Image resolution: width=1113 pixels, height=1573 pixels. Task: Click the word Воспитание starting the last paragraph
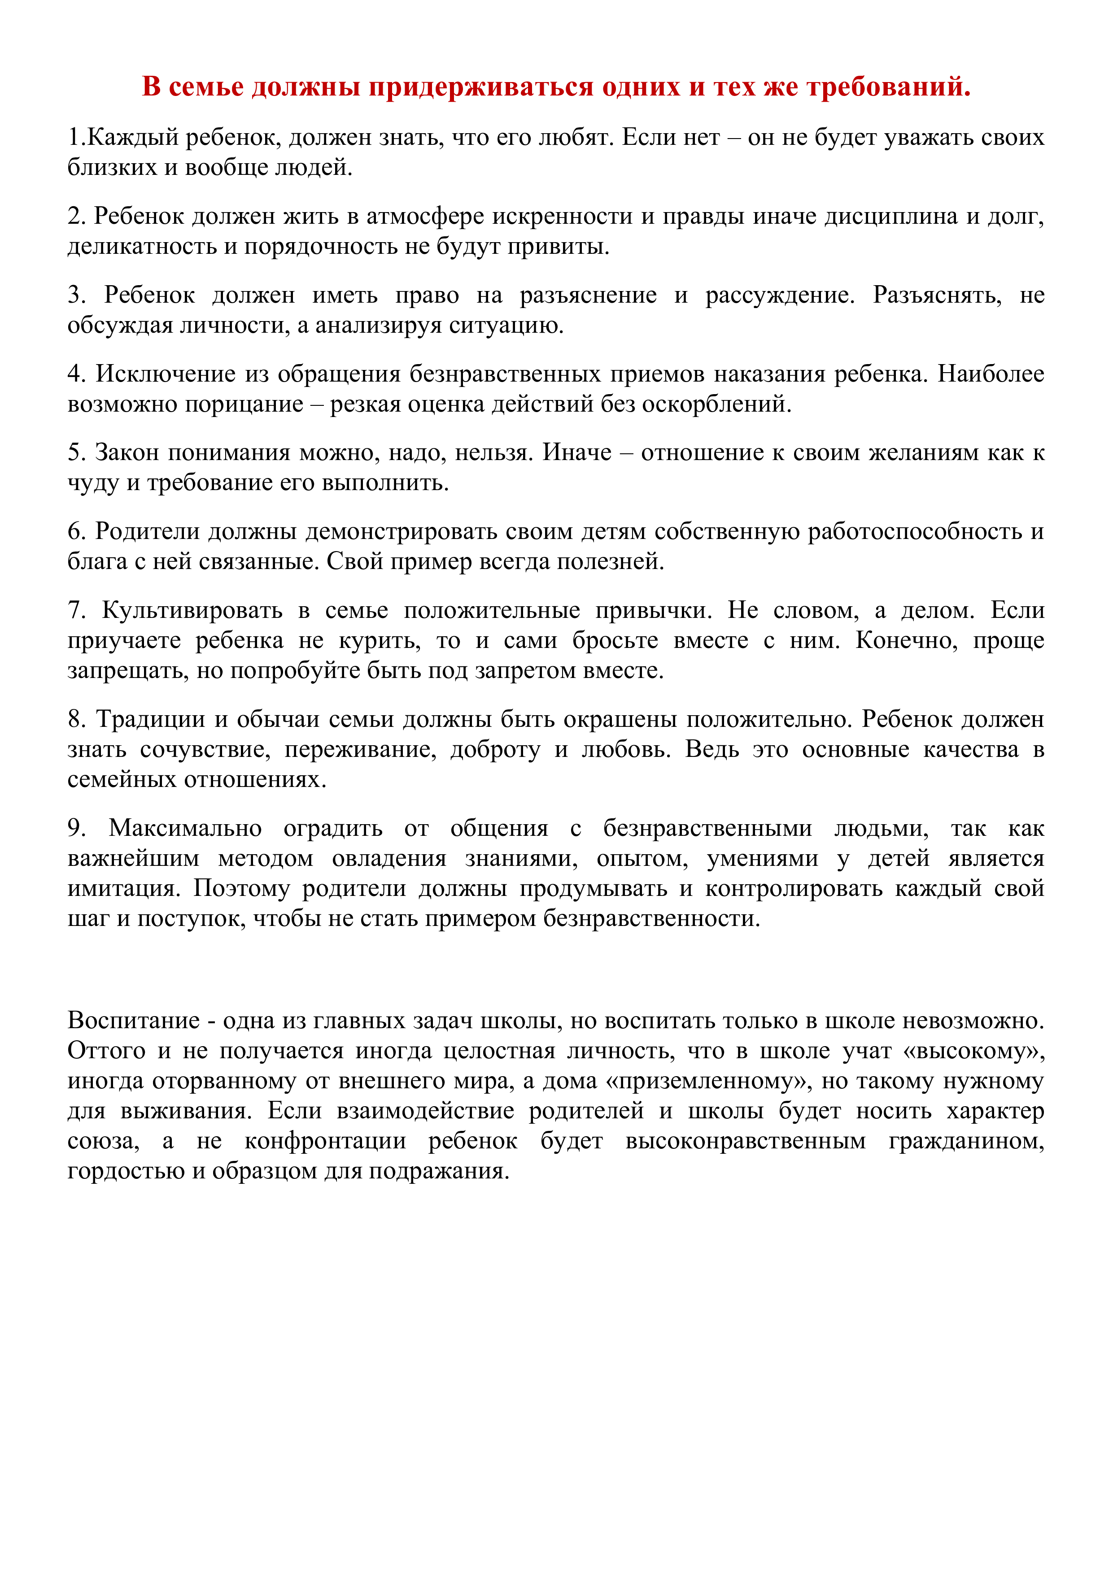point(134,1021)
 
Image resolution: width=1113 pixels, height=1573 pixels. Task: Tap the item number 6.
point(76,532)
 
